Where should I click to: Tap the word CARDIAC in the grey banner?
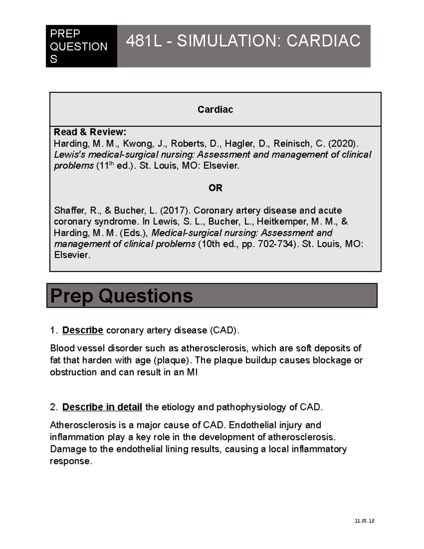[x=323, y=41]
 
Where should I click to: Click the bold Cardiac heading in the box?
[x=215, y=110]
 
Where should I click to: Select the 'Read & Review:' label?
[x=90, y=132]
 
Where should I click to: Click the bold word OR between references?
[x=215, y=188]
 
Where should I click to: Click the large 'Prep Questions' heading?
[x=122, y=296]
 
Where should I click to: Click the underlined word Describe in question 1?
[x=83, y=330]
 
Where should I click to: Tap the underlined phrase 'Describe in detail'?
[x=102, y=407]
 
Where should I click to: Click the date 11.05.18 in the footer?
[x=364, y=521]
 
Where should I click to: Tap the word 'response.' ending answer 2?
[x=71, y=461]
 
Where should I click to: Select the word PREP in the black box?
[x=65, y=34]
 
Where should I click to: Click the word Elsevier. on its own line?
[x=72, y=255]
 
